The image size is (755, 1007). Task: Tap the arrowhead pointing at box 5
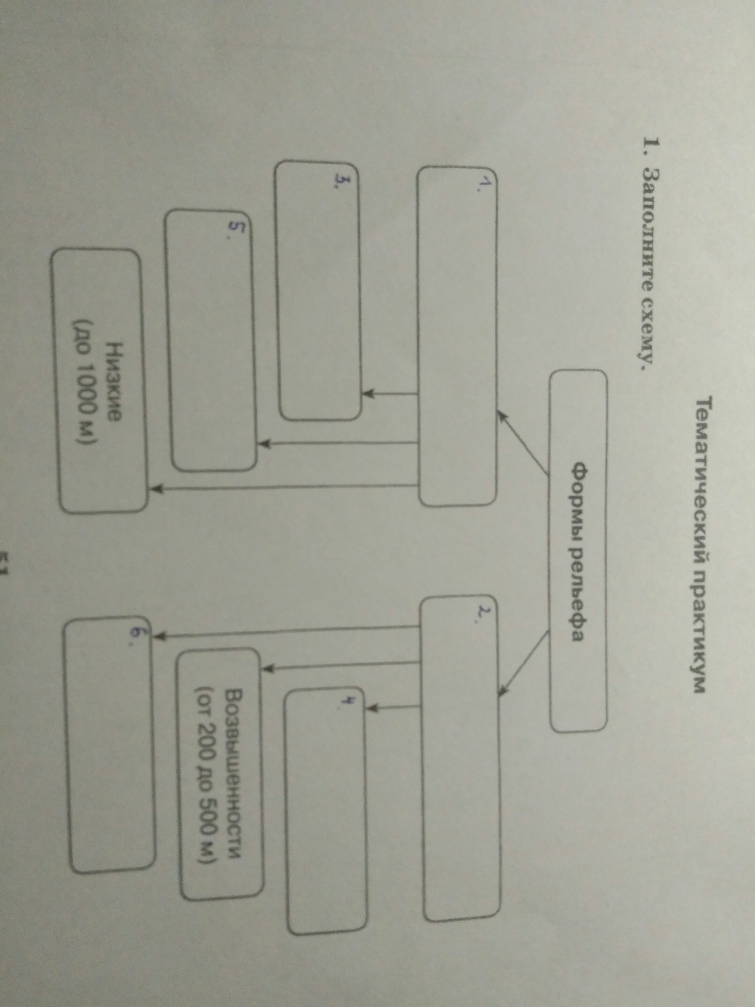point(264,442)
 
